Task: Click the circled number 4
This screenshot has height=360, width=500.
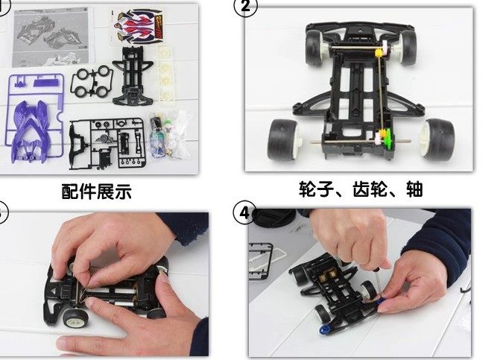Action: (245, 212)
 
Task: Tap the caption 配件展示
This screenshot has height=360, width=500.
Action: (96, 191)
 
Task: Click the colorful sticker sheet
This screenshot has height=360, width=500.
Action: (139, 28)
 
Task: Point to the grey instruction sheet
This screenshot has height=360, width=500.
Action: (48, 34)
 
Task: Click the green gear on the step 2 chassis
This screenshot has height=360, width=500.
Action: (385, 139)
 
